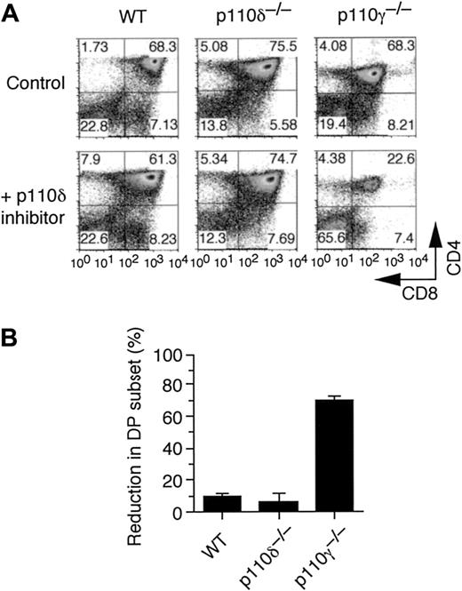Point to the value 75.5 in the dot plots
point(292,44)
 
